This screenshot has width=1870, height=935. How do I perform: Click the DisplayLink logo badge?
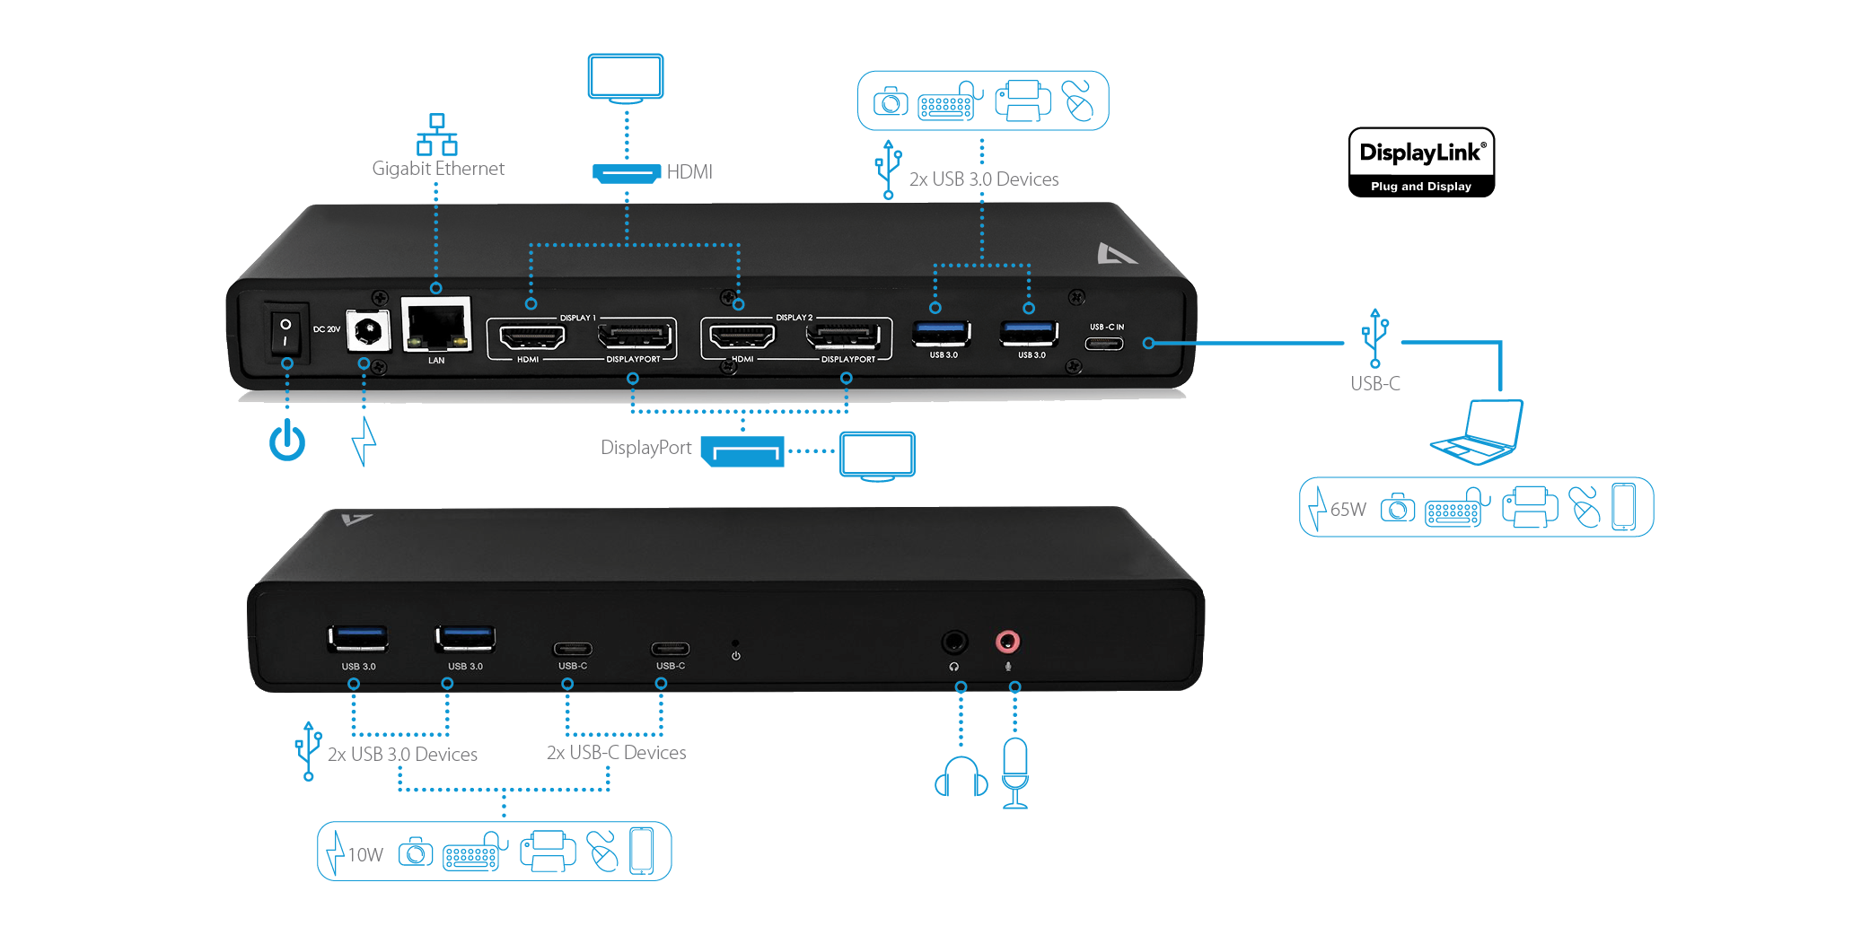[x=1421, y=162]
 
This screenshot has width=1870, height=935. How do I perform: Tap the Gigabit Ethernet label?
[x=438, y=169]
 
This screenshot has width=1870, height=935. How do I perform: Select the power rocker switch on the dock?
[x=285, y=333]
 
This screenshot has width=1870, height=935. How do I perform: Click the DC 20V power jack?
[x=368, y=331]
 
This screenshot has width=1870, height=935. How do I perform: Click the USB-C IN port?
[x=1104, y=344]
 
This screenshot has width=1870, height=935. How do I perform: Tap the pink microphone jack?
[x=1008, y=642]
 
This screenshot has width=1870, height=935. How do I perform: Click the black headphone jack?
[x=953, y=642]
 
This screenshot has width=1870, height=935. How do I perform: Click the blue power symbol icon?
[x=287, y=441]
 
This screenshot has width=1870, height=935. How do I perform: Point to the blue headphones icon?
[x=961, y=777]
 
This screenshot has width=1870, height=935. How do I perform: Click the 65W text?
[x=1348, y=510]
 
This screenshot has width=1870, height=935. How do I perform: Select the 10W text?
[x=365, y=855]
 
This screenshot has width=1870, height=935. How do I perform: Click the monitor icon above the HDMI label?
[x=626, y=78]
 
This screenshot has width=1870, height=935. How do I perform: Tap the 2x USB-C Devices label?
[x=616, y=753]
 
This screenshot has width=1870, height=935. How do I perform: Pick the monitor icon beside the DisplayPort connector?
[x=877, y=456]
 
